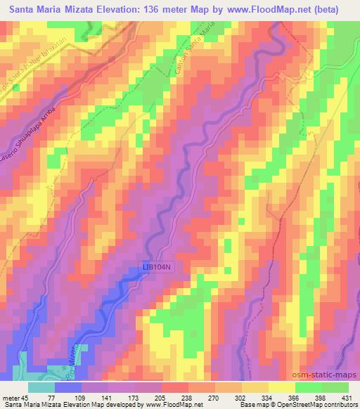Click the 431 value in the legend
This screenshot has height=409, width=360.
[347, 397]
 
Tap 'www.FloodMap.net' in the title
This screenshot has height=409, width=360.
[258, 10]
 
